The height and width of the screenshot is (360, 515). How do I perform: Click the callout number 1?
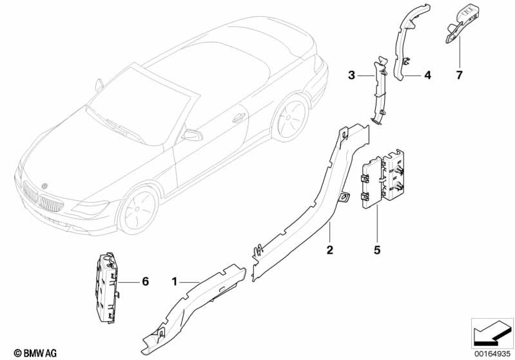[174, 281]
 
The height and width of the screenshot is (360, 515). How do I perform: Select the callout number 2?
[329, 249]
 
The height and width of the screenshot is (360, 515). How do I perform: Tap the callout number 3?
[351, 75]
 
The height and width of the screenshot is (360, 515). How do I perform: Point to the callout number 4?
[427, 75]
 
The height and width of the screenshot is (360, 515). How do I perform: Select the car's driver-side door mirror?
[192, 135]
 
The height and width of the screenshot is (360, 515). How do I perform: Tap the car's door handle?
[239, 118]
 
